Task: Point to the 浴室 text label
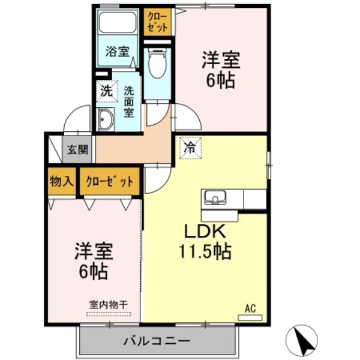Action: pos(118,51)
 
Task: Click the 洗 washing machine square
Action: pos(106,92)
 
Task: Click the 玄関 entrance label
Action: pos(78,149)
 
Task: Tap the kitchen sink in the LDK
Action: pos(215,197)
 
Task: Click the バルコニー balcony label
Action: pos(157,341)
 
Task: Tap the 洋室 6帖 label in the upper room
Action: pos(221,70)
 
